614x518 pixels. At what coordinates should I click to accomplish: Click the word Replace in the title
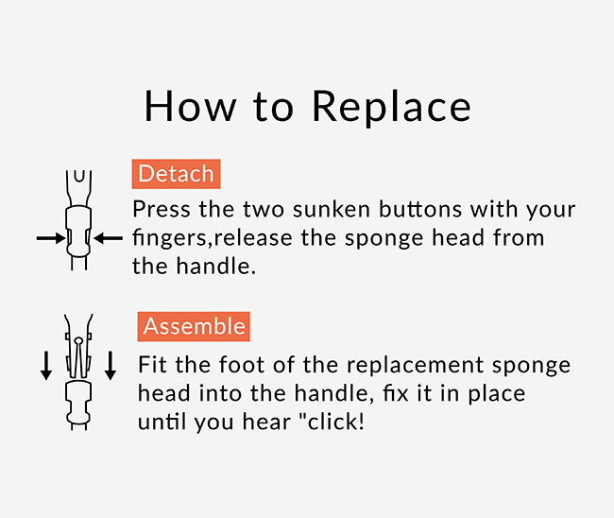click(392, 107)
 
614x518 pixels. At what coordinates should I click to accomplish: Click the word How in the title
click(190, 106)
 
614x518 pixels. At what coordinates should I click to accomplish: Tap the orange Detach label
click(176, 174)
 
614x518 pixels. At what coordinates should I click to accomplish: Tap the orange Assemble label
click(194, 326)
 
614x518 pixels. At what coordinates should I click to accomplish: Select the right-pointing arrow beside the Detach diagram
click(51, 238)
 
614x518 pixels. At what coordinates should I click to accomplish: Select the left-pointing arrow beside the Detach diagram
click(108, 238)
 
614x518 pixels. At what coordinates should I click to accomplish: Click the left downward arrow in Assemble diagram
click(46, 366)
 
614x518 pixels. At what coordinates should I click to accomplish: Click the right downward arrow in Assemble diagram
click(111, 366)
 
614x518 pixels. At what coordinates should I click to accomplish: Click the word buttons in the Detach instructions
click(420, 210)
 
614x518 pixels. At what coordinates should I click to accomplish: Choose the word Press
click(162, 209)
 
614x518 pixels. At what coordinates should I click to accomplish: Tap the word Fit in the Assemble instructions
click(152, 365)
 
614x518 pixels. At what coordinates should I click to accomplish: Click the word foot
click(242, 365)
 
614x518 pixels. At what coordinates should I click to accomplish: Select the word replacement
click(415, 366)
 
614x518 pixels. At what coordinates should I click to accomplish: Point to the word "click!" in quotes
click(332, 422)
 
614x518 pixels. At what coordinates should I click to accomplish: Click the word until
click(162, 422)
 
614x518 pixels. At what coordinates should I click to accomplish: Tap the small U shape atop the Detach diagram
click(79, 176)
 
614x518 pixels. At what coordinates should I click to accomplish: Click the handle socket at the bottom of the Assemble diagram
click(78, 404)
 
